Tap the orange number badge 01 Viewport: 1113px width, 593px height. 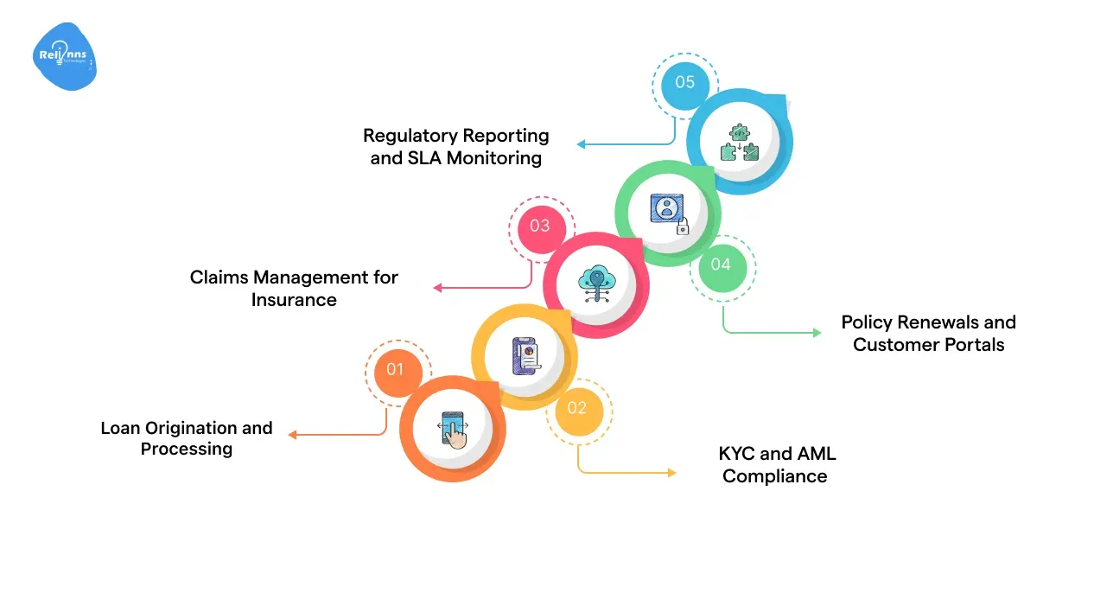tap(395, 370)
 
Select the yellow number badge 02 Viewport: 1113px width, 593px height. tap(576, 408)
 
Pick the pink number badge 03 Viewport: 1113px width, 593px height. tap(539, 226)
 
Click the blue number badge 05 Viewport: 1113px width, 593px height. tap(684, 83)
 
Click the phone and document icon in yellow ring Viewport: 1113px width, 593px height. tap(525, 356)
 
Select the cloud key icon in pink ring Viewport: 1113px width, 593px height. tap(596, 284)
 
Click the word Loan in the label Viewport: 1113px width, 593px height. tap(120, 428)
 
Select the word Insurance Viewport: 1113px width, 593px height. tap(294, 300)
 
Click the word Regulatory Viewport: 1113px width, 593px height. tap(410, 136)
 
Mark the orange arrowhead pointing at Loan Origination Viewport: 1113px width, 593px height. tap(292, 435)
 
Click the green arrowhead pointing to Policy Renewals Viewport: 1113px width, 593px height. tap(817, 332)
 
